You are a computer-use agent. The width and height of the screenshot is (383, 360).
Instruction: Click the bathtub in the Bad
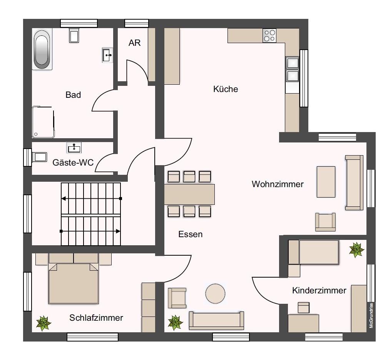pos(42,50)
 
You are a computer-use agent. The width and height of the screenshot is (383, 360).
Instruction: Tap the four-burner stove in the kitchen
pos(269,35)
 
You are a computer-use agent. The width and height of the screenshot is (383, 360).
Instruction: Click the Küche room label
pos(226,89)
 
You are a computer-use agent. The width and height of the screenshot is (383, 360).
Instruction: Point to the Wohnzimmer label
pos(278,184)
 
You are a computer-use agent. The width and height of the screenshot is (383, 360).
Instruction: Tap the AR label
pos(134,43)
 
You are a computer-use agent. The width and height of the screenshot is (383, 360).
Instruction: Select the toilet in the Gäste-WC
pos(38,157)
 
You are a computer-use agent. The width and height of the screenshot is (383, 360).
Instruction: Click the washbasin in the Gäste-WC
pos(74,147)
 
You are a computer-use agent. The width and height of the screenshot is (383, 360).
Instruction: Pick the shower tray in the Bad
pos(43,122)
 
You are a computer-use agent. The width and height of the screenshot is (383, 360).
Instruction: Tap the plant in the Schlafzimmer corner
pos(43,323)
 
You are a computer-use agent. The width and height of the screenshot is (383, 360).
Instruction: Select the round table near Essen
pos(215,294)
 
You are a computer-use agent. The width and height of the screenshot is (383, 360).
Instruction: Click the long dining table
pos(189,194)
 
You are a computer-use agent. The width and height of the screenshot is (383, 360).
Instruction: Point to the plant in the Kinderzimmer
pos(356,249)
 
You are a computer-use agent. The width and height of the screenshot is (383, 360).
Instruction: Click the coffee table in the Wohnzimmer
pos(326,182)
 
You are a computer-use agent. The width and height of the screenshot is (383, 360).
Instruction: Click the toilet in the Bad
pos(74,35)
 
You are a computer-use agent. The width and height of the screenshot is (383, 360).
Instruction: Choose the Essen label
pos(190,234)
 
